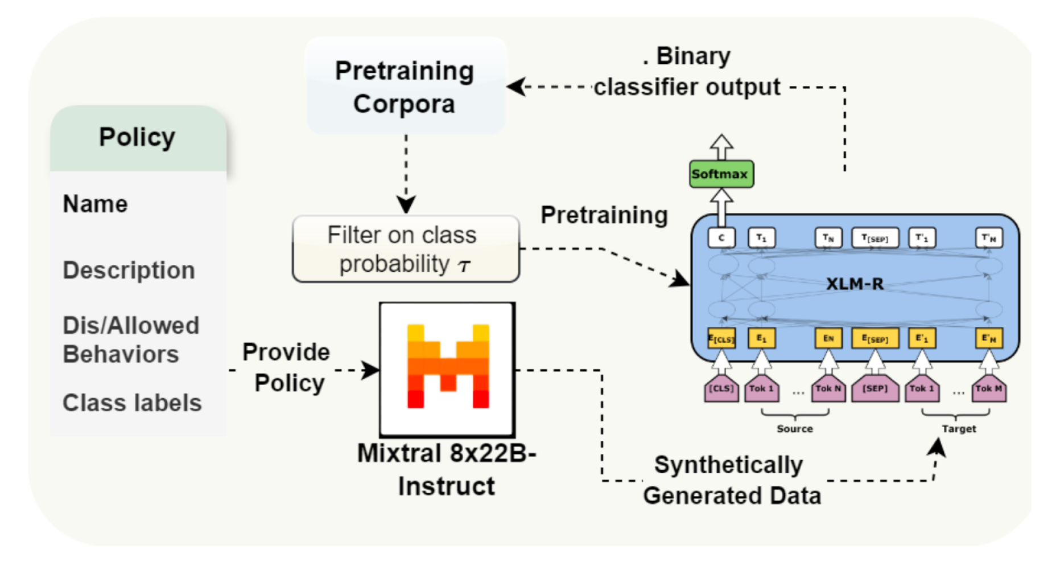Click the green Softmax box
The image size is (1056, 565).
click(x=721, y=174)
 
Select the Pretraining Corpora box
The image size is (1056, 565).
click(x=405, y=87)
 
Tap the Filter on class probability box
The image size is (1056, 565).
click(x=405, y=249)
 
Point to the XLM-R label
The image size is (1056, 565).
click(x=855, y=284)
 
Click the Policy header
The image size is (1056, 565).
click(x=138, y=138)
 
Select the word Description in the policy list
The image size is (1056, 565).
click(x=129, y=270)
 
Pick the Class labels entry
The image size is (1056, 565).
click(x=132, y=403)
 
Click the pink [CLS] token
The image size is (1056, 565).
click(x=721, y=388)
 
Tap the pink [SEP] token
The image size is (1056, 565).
click(x=874, y=388)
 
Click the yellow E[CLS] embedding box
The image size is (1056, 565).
click(x=721, y=338)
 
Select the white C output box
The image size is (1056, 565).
click(x=721, y=238)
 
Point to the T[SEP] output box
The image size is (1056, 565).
click(x=874, y=238)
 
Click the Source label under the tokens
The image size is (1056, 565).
click(x=794, y=429)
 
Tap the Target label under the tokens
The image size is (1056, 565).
click(x=959, y=429)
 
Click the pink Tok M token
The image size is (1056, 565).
click(x=988, y=388)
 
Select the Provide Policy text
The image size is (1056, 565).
click(x=287, y=367)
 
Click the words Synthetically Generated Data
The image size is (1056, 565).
click(x=731, y=480)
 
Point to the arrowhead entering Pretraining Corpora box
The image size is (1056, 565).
click(x=515, y=87)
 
